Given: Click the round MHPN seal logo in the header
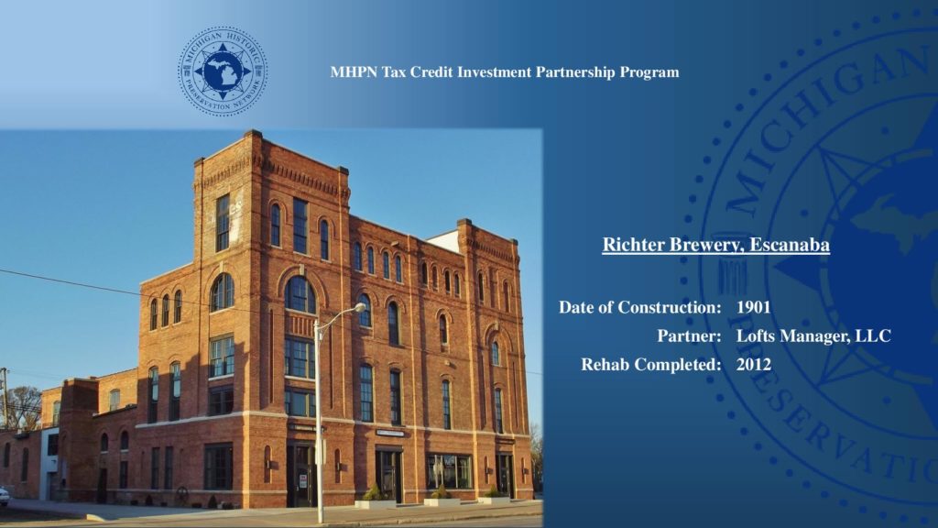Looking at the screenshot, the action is click(223, 71).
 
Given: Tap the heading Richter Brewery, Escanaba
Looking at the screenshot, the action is click(716, 245).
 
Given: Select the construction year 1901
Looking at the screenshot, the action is click(753, 307).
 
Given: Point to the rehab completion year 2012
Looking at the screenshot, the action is click(754, 365).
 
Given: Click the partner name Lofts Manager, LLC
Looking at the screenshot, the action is click(813, 335).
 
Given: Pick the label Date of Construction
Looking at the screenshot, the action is click(639, 307).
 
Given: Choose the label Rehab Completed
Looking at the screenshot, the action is click(651, 365).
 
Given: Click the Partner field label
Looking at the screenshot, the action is click(689, 335).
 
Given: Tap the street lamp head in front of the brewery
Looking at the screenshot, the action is click(358, 308).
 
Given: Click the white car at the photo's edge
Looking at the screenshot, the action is click(4, 496).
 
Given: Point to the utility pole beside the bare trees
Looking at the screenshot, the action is click(5, 398).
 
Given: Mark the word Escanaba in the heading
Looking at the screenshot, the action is click(790, 245).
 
